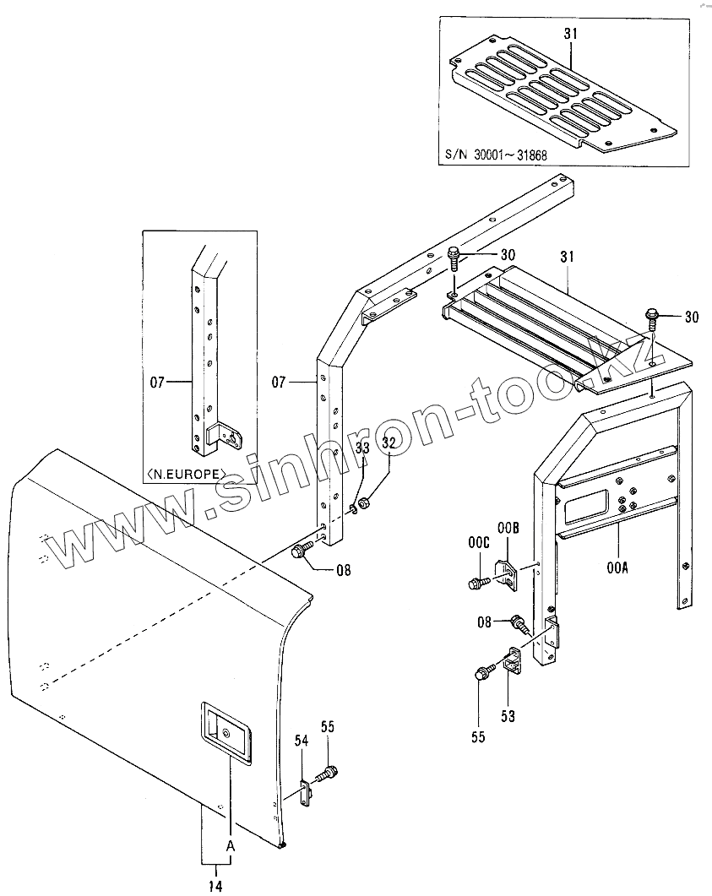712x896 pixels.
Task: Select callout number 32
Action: click(x=389, y=442)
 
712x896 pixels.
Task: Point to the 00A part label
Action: click(x=617, y=568)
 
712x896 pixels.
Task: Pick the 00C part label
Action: click(x=479, y=543)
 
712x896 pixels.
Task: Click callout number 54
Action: click(x=302, y=741)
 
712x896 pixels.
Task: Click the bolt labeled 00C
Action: click(x=476, y=582)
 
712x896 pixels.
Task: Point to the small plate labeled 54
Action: click(x=304, y=795)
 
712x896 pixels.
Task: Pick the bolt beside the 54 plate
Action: click(x=328, y=772)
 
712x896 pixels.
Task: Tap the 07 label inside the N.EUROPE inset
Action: click(x=157, y=383)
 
